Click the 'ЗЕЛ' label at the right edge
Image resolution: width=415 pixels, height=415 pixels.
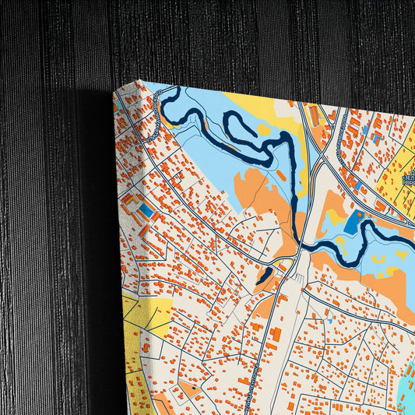point(408,179)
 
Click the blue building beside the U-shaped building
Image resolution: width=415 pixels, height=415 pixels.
point(147,210)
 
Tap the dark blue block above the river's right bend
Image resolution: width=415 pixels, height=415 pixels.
point(353,221)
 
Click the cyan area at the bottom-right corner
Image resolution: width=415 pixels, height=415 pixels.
point(406,385)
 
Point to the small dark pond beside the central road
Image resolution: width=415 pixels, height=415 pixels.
point(265,275)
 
